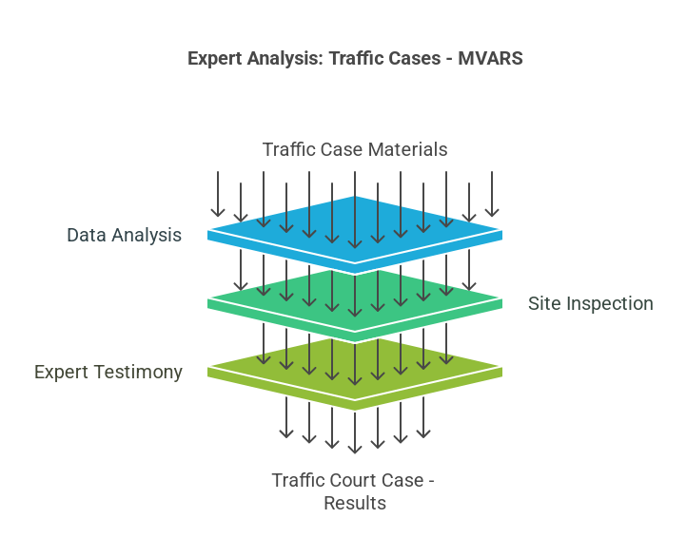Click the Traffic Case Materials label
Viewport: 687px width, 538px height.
355,149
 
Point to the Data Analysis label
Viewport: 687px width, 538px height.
124,235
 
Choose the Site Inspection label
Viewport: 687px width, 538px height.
590,303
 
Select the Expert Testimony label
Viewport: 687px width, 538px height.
108,372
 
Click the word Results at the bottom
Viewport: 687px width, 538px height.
355,503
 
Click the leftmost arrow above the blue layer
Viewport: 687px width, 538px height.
218,195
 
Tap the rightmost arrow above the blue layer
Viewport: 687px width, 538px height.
492,195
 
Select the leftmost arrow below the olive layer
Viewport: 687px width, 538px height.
286,417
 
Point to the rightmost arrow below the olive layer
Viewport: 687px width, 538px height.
423,417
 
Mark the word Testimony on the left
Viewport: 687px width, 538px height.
138,372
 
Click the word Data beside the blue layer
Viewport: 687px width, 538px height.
86,235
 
